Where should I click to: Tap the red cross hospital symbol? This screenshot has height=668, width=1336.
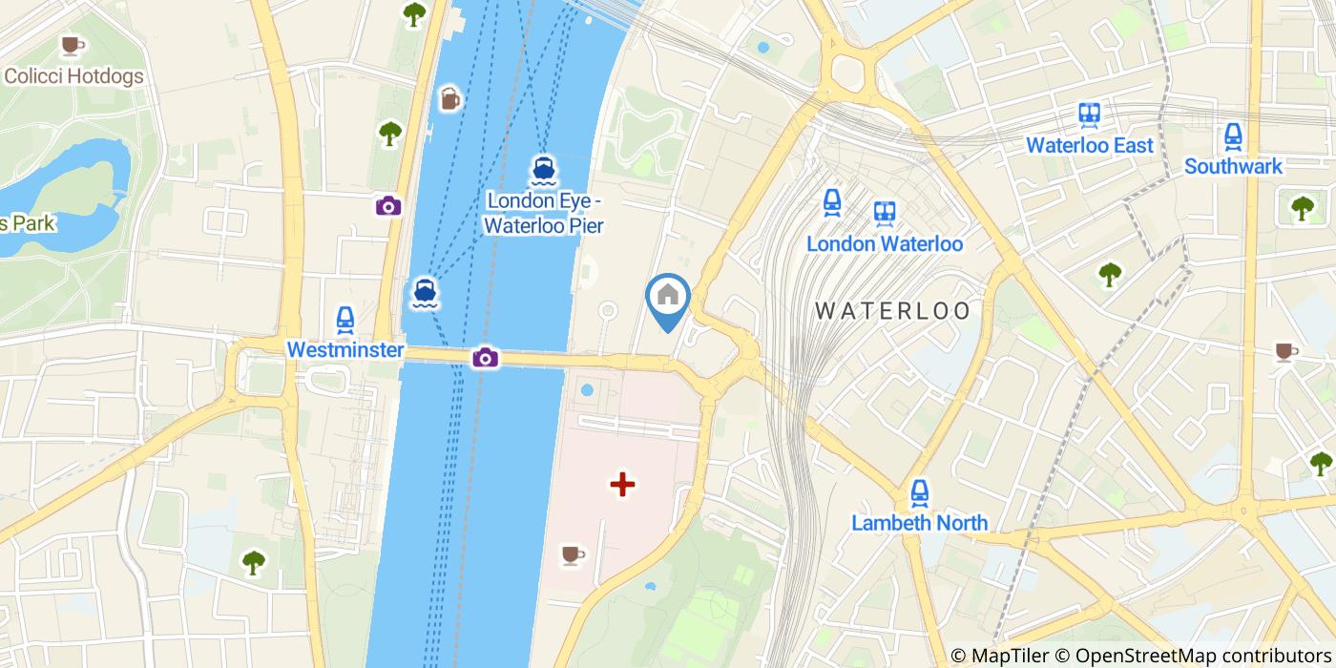click(x=622, y=485)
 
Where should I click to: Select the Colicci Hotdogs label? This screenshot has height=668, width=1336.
click(x=73, y=76)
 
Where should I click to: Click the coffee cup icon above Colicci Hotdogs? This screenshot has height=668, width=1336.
click(x=72, y=45)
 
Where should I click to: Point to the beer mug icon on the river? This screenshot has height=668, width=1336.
click(x=450, y=98)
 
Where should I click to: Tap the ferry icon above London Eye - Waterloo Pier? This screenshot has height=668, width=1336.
click(x=543, y=171)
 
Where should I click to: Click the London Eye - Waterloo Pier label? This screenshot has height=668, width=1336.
click(x=544, y=213)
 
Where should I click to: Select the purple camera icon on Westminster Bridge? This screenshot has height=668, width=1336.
click(x=485, y=357)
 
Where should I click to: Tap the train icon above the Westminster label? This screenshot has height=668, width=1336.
click(x=345, y=320)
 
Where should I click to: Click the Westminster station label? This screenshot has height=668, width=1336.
click(x=345, y=350)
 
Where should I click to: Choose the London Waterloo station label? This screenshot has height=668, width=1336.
click(x=885, y=243)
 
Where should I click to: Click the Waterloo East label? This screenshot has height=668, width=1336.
click(x=1090, y=145)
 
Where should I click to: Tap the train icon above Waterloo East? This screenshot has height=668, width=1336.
click(x=1090, y=115)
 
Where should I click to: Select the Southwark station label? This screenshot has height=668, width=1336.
click(x=1233, y=166)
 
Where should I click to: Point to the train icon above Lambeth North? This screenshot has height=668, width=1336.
click(x=919, y=492)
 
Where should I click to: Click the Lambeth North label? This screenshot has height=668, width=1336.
click(x=919, y=523)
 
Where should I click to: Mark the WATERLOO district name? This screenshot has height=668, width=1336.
click(x=892, y=310)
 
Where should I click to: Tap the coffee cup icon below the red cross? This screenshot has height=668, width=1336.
click(x=572, y=554)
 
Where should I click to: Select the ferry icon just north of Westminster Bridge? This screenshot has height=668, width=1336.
click(x=426, y=293)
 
